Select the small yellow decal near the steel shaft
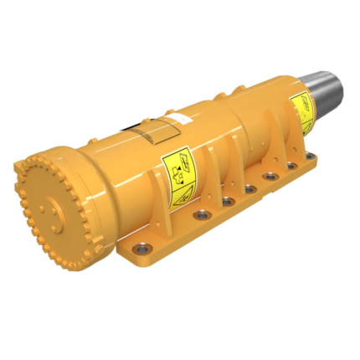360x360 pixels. (301, 112)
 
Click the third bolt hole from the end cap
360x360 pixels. (228, 201)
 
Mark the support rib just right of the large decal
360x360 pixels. (213, 167)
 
